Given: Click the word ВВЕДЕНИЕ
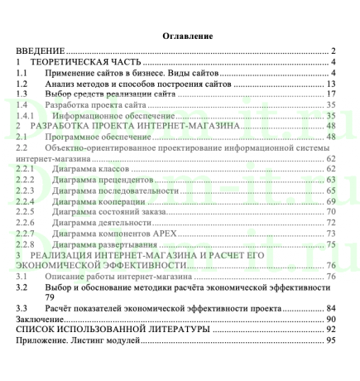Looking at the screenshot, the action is (42, 51).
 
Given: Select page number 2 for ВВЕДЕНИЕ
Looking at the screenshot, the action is (331, 51).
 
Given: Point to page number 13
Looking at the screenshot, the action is (329, 84).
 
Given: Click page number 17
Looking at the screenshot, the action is (329, 94).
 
